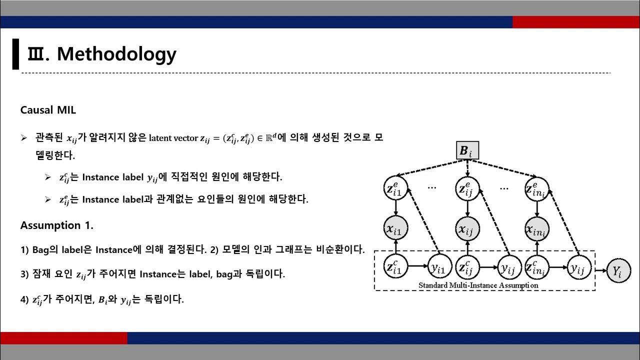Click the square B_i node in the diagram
(x=467, y=151)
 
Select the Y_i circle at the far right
(x=617, y=271)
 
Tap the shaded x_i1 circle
(x=395, y=230)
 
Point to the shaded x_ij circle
(x=467, y=230)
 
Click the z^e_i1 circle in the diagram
(x=395, y=188)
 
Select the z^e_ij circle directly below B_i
(x=467, y=188)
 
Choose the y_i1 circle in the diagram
(x=438, y=268)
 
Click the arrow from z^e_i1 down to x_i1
(x=395, y=209)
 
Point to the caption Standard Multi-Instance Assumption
(x=478, y=285)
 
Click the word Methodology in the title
(x=116, y=53)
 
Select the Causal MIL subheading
(x=48, y=110)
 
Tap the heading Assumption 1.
(x=56, y=225)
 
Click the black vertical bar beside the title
(x=15, y=54)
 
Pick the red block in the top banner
(x=576, y=22)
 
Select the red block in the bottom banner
(x=63, y=338)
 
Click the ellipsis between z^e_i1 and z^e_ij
(x=432, y=188)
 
